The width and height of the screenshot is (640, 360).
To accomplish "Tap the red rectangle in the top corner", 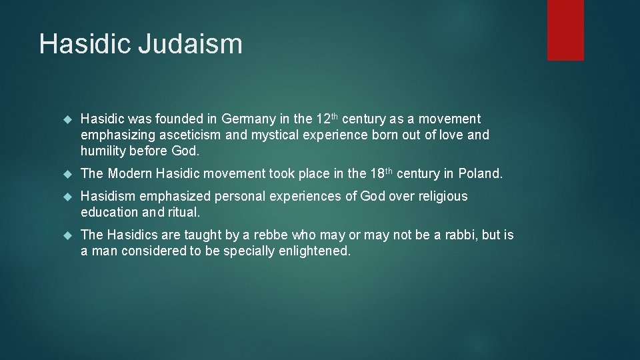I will pos(565,30).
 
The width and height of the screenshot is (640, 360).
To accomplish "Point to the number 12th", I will pos(327,119).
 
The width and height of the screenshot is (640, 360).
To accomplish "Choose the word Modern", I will pos(131,174).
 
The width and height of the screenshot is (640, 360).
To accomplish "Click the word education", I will pos(109,213).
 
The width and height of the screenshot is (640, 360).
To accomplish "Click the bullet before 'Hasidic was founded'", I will pos(67,120).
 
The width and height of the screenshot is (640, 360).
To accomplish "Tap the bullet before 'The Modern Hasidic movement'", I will pos(67,175).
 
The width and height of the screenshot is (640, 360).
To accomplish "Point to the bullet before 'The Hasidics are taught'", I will pos(67,236).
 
